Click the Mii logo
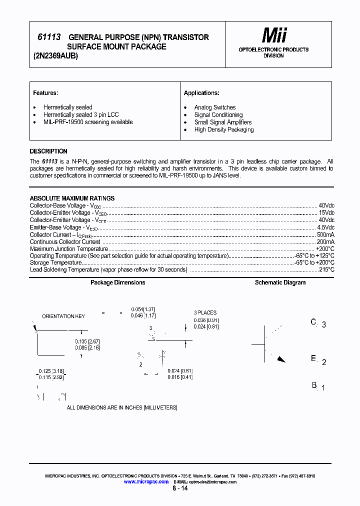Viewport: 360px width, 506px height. coord(274,35)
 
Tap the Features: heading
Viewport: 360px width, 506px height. coord(45,93)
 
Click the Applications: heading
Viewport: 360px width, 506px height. coord(201,93)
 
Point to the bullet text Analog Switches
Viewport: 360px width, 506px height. coord(215,107)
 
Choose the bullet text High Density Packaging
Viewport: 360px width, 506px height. coord(224,129)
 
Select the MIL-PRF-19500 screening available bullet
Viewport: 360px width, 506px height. coord(88,122)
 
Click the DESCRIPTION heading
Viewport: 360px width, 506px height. coord(48,151)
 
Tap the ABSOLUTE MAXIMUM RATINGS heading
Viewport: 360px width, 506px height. coord(72,198)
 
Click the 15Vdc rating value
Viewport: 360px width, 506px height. coord(326,213)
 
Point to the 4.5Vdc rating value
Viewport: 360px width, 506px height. coord(325,227)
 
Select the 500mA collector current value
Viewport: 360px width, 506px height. coord(325,234)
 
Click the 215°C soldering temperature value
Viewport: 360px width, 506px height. coord(326,269)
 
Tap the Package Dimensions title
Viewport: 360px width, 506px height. coord(118,282)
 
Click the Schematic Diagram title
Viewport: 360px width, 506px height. coord(280,282)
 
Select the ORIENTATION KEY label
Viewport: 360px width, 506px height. coord(63,316)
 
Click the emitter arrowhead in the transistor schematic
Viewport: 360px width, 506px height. coord(281,358)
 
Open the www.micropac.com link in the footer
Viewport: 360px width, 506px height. coord(146,481)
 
